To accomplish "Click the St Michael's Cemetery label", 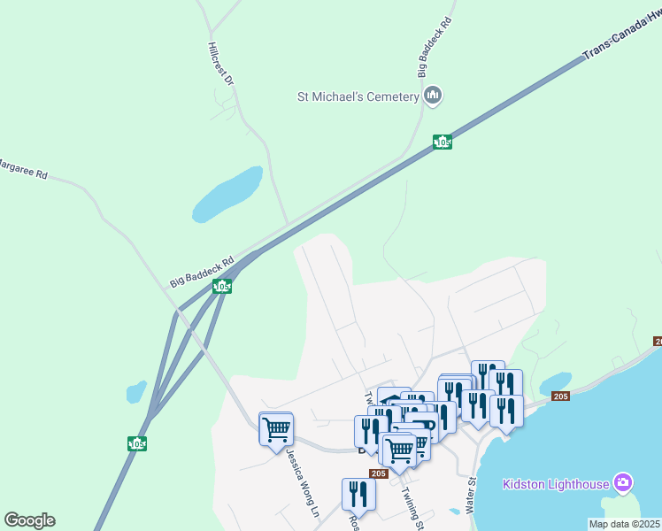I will click(x=358, y=96).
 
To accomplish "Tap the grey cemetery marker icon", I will click(x=433, y=96).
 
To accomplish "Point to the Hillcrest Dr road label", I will click(x=221, y=64).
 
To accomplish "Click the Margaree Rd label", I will click(x=22, y=168).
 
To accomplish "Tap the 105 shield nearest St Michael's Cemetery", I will click(x=443, y=142).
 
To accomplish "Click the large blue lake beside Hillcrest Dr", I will click(x=228, y=195).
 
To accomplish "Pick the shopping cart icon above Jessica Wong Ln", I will click(x=276, y=428).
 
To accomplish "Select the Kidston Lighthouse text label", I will click(x=556, y=483).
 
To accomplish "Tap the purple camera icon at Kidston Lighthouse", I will click(x=624, y=482).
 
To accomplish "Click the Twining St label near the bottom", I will click(x=413, y=508).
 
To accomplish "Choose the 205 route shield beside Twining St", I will click(x=379, y=474).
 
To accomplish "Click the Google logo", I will click(x=29, y=520).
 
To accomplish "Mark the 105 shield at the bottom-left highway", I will click(x=137, y=443).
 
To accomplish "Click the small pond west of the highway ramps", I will click(x=136, y=390).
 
